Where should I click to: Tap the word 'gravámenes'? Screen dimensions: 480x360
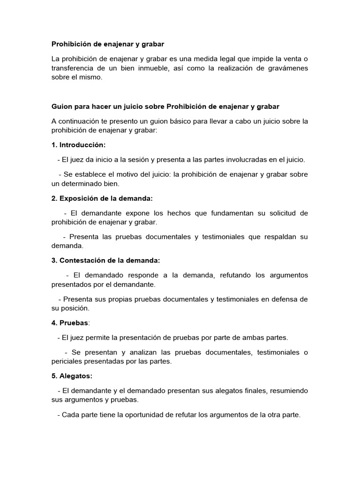(286, 68)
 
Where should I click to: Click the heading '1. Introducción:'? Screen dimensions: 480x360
(78, 145)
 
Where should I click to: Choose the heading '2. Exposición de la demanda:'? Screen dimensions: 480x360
(102, 198)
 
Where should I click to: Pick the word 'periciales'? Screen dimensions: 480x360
(68, 361)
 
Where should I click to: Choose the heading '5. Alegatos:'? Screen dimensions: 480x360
(72, 376)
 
